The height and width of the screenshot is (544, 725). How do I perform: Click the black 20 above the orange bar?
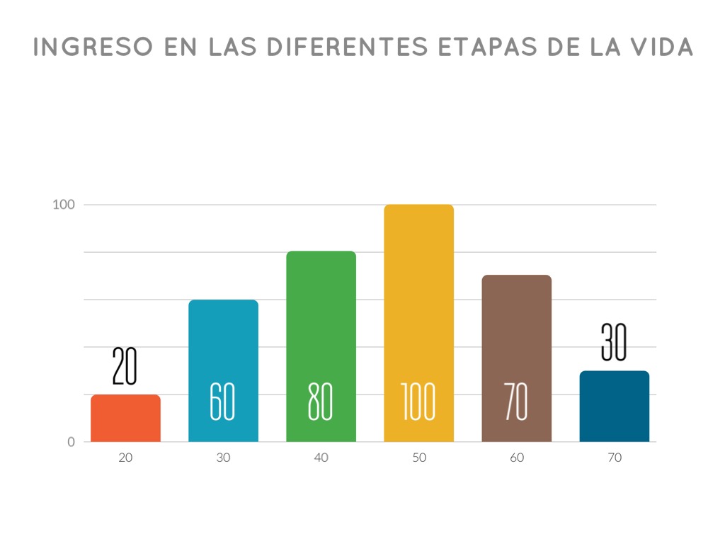tap(125, 365)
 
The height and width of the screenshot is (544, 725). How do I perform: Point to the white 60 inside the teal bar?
tap(222, 402)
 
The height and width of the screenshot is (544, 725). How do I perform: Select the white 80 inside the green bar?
tap(320, 402)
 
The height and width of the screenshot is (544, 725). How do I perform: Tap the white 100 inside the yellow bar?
tap(418, 402)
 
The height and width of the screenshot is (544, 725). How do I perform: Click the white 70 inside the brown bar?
tap(515, 402)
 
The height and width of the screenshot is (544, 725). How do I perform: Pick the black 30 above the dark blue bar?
tap(614, 342)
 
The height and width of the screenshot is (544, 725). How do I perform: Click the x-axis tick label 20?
tap(125, 458)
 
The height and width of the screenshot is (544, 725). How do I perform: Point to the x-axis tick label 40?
tap(321, 458)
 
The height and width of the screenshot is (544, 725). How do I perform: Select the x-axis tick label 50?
tap(418, 458)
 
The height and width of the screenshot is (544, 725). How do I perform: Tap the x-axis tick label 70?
tap(614, 458)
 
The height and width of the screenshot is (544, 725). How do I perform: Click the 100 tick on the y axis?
tap(64, 205)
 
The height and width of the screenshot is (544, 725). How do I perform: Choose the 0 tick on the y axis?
tap(71, 442)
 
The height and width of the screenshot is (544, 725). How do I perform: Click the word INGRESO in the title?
tap(94, 47)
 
